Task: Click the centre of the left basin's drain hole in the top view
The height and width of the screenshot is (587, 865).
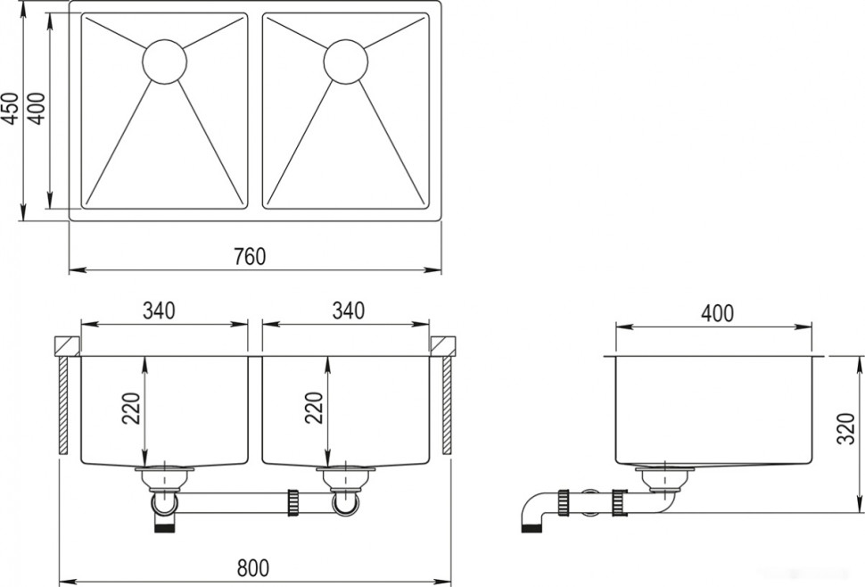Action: coord(165,62)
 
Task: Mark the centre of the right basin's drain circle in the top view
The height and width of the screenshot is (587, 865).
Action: coord(346,62)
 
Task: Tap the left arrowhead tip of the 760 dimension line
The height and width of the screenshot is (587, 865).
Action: coord(70,269)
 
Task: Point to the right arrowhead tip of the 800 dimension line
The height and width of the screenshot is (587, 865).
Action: coord(451,582)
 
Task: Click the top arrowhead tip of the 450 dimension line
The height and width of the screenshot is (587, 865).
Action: coord(23,2)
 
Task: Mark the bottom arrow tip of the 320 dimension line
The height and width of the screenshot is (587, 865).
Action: coord(860,512)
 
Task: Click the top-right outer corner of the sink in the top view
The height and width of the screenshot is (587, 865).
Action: coord(441,2)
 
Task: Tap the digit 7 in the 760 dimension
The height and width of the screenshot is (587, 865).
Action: coord(239,257)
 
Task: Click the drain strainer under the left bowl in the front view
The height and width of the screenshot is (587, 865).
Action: coord(165,478)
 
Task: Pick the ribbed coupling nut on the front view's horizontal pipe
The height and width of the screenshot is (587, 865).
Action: coord(292,502)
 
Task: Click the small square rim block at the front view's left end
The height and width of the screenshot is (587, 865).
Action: coord(67,345)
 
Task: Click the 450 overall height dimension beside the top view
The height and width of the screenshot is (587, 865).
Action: coord(11,109)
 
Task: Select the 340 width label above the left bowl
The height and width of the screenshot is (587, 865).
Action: coord(159,310)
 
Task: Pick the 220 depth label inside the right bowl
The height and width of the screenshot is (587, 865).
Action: coord(313,408)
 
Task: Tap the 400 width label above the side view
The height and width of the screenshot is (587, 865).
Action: coord(717,313)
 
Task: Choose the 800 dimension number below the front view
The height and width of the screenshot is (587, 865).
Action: coord(253,567)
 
